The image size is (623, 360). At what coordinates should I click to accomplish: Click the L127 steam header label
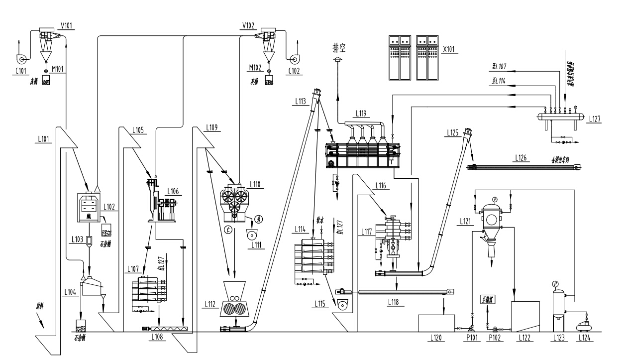pos(595,120)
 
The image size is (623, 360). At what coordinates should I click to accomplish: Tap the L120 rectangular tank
pos(436,323)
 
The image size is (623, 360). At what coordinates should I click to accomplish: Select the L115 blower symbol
pos(342,305)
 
